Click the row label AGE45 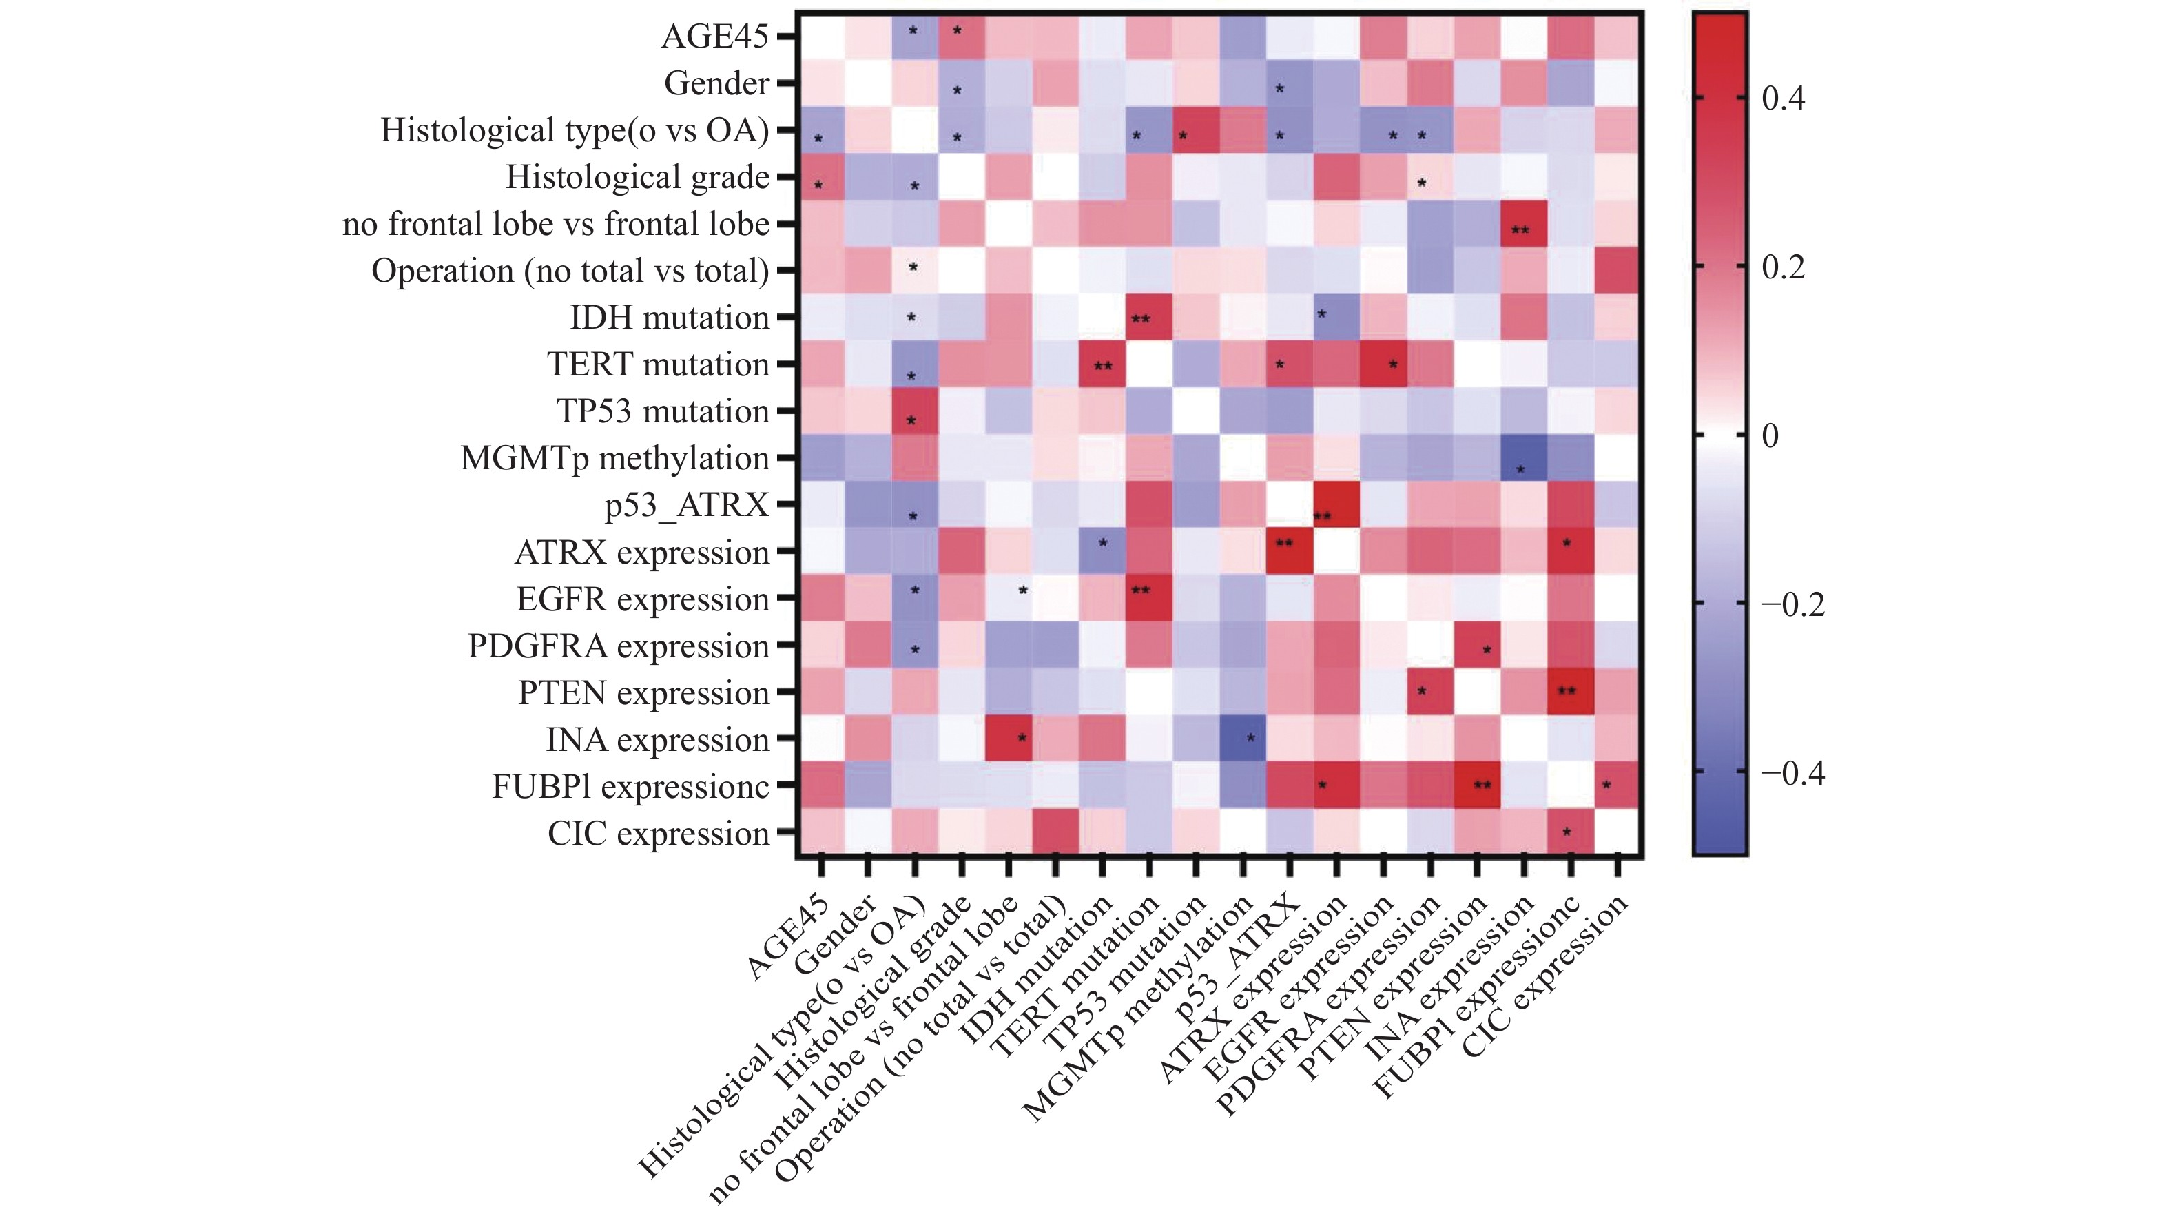714,37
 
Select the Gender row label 716,83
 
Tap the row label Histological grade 638,177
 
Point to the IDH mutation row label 670,318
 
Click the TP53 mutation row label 663,411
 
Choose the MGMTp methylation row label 615,458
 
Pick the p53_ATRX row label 687,504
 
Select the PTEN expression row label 643,692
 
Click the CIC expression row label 658,833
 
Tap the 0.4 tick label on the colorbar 1784,99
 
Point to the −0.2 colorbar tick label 1792,604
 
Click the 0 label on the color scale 1770,435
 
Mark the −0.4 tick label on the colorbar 1792,772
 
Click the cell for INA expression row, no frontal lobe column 1009,739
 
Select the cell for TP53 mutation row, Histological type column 915,411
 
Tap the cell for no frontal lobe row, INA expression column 1524,223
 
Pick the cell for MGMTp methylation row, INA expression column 1524,458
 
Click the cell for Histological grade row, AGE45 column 821,177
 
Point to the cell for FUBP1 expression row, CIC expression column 1618,786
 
